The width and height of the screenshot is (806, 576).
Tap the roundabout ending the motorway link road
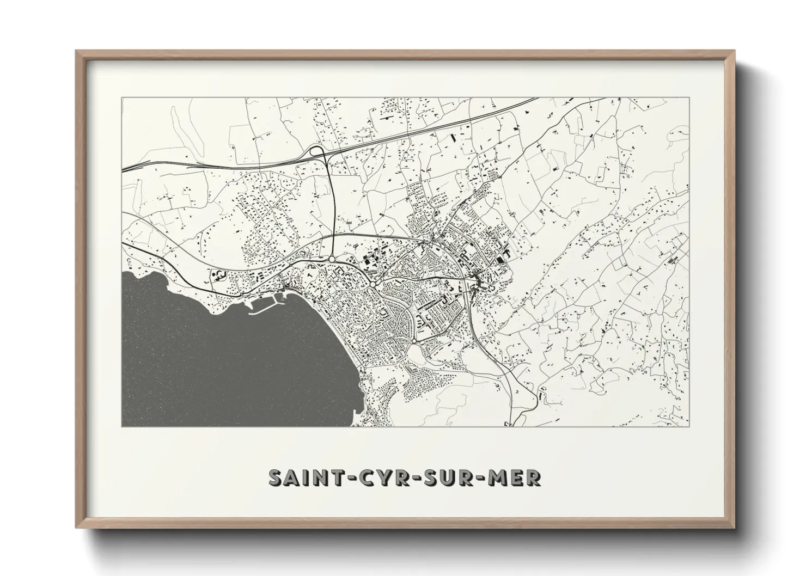point(332,259)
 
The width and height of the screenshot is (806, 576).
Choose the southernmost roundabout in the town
point(414,341)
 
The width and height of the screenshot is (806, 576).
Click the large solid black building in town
point(499,260)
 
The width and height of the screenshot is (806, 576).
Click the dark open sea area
point(207,359)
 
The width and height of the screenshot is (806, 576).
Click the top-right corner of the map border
point(688,98)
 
